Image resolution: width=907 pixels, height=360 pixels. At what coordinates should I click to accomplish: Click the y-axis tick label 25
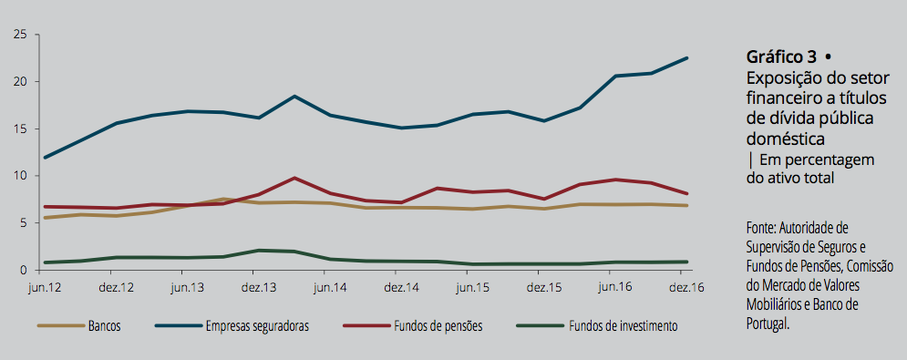click(21, 35)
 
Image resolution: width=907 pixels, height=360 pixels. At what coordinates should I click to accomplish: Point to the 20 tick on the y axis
click(21, 82)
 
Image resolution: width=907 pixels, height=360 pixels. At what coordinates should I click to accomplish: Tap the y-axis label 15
click(21, 129)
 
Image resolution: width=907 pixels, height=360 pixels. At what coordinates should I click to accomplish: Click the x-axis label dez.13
click(253, 288)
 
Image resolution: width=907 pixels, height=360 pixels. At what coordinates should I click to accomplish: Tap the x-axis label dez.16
click(682, 288)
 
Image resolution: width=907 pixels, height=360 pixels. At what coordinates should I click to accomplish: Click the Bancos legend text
click(105, 326)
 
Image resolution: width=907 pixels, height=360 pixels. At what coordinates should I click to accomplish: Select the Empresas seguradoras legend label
click(257, 326)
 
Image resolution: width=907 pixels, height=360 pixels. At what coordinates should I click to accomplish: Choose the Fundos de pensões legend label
click(438, 326)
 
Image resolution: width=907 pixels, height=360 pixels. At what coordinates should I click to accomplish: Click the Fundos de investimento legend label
click(623, 326)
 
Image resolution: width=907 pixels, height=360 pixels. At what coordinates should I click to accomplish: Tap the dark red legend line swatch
click(366, 326)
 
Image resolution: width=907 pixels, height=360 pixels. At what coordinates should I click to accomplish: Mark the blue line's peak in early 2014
click(294, 96)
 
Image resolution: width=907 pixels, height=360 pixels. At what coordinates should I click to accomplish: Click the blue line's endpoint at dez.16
click(687, 58)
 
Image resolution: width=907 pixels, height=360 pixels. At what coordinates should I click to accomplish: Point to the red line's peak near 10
click(294, 178)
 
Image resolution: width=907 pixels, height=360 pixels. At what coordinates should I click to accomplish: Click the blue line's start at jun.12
click(45, 158)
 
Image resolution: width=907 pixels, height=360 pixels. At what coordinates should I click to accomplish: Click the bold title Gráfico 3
click(781, 57)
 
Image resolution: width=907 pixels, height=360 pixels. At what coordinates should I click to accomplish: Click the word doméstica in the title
click(785, 139)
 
